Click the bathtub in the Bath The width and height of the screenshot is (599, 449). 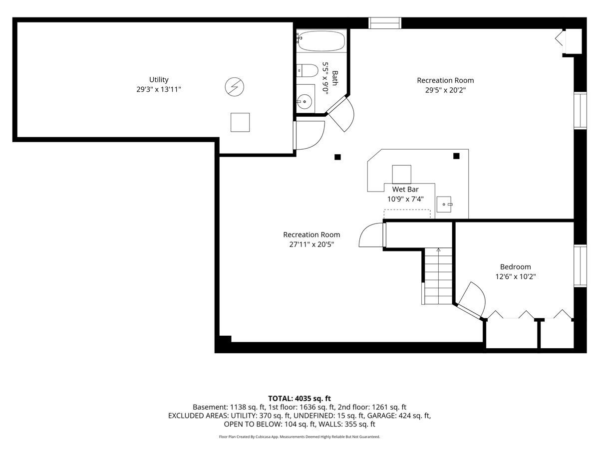[321, 41]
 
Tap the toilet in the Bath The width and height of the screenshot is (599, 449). [307, 71]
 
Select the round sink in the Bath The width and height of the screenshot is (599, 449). [304, 102]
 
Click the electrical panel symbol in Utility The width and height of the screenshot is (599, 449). [235, 87]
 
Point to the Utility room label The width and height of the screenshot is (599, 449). [159, 80]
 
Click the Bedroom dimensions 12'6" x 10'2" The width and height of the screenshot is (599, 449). [516, 276]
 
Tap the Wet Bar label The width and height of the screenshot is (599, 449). [405, 189]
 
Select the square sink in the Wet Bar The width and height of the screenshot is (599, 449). [444, 204]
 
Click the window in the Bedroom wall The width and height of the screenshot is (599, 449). [580, 266]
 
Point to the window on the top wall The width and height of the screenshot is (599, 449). [385, 23]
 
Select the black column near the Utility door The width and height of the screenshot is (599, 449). [337, 157]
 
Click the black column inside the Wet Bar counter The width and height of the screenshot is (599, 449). [456, 156]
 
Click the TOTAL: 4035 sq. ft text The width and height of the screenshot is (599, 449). [299, 399]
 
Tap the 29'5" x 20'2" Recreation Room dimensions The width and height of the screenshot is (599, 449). [445, 90]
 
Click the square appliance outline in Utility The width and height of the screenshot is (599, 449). [240, 122]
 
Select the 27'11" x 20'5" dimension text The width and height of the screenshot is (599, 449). [311, 244]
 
